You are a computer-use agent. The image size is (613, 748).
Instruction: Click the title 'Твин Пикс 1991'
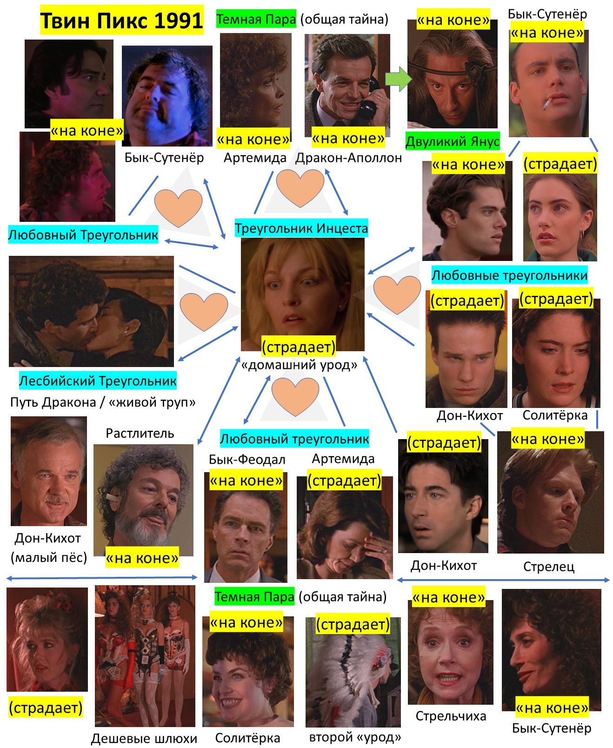[x=121, y=20]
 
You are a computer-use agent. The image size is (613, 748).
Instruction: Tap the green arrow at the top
[x=398, y=79]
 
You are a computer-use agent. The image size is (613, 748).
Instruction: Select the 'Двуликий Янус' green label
[x=452, y=141]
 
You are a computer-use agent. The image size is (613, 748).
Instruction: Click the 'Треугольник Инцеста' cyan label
[x=301, y=228]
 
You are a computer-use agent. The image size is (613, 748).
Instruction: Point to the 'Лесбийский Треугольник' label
[x=98, y=381]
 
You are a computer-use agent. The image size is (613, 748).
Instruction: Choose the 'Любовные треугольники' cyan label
[x=509, y=275]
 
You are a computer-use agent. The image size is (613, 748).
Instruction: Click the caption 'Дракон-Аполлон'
[x=348, y=158]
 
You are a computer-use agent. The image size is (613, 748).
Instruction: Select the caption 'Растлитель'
[x=140, y=433]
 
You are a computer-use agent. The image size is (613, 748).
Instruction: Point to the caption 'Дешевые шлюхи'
[x=144, y=738]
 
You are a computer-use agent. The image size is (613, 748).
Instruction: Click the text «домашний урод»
[x=299, y=365]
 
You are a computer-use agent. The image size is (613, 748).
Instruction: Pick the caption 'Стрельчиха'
[x=451, y=716]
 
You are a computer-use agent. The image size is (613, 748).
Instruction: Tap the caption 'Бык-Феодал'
[x=247, y=459]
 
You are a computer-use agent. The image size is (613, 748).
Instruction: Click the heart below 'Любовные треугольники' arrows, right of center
[x=397, y=294]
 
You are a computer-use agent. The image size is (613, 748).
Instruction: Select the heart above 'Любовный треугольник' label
[x=295, y=396]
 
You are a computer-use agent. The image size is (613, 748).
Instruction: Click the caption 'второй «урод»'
[x=355, y=737]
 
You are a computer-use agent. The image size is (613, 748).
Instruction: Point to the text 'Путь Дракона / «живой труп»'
[x=103, y=402]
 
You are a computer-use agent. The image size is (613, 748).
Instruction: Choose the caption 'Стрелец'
[x=549, y=566]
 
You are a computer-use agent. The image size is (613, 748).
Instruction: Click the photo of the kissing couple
[x=91, y=311]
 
